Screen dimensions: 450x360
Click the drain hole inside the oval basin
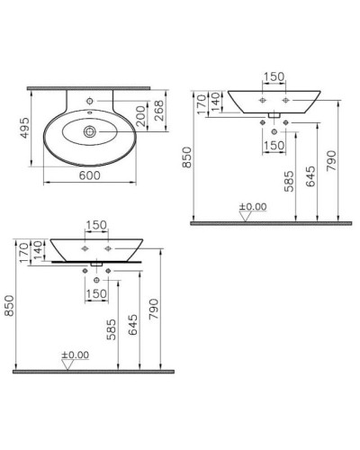[92, 132]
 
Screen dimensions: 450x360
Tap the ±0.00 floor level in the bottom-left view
[75, 355]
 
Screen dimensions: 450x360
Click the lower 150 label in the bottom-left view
[97, 292]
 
